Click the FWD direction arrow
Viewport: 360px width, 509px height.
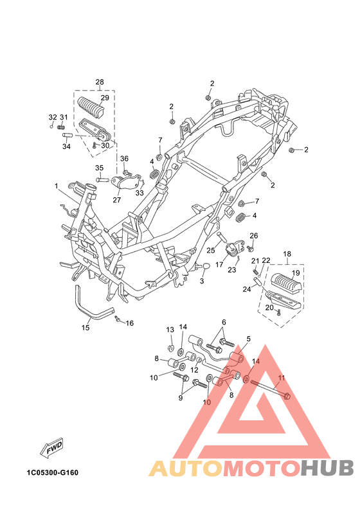[51, 449]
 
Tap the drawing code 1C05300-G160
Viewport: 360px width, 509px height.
[53, 472]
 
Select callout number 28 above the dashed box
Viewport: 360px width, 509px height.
[100, 82]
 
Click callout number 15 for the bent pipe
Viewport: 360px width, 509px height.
[85, 328]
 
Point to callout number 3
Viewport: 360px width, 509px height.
[202, 281]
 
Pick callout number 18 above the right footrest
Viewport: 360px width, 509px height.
[287, 254]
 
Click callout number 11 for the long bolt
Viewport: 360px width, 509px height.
[282, 378]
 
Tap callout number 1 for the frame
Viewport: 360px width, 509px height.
[56, 186]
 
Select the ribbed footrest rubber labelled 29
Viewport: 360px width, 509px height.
[91, 105]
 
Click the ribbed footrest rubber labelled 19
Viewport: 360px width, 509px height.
[286, 282]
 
